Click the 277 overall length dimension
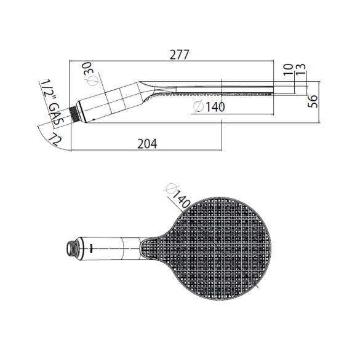click(x=180, y=55)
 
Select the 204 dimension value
click(x=147, y=144)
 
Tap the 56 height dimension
click(x=313, y=101)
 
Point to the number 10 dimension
click(x=288, y=69)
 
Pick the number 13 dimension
click(x=300, y=69)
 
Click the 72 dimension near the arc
click(x=55, y=139)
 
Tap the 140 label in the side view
click(x=215, y=107)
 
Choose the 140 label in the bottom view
click(x=182, y=199)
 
